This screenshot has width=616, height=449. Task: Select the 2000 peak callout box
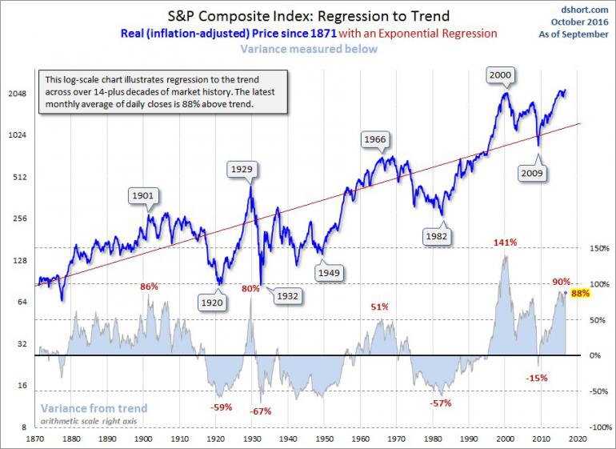click(500, 74)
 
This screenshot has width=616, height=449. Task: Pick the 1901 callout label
click(144, 194)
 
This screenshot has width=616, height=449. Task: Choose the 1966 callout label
click(375, 139)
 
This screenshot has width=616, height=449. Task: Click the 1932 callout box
click(286, 295)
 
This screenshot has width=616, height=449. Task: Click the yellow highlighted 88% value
click(581, 293)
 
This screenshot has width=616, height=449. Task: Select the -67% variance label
click(261, 411)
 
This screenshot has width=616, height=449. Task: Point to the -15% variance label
click(536, 377)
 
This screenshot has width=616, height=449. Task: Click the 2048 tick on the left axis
click(16, 94)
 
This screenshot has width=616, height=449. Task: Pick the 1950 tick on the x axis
click(325, 439)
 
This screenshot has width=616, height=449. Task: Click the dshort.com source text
click(590, 10)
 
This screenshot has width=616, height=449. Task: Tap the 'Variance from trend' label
click(94, 408)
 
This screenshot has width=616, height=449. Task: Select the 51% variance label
click(379, 307)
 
